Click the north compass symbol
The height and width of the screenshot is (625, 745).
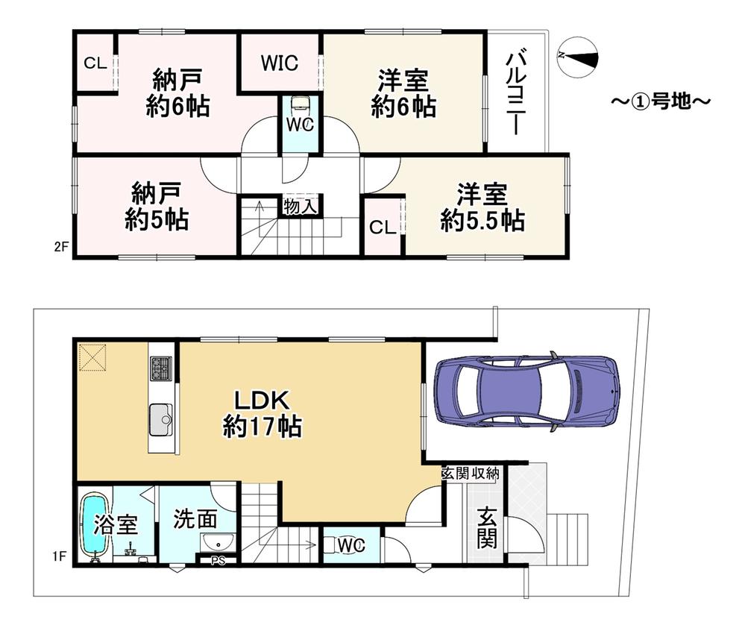point(576,56)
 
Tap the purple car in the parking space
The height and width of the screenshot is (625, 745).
point(527,391)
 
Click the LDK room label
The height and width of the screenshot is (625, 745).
point(263,414)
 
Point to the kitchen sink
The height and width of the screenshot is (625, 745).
point(162,420)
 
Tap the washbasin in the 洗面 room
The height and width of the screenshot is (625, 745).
point(218,541)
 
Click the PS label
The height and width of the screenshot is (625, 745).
point(218,561)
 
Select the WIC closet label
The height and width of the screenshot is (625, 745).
point(280,63)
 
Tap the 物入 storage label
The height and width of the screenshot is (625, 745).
point(301,207)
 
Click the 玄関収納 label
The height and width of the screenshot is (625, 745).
point(471,474)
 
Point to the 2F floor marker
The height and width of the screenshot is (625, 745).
point(61,247)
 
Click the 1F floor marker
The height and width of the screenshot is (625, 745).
point(59,555)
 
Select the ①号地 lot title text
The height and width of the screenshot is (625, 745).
point(661,101)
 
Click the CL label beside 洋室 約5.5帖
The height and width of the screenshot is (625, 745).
point(383,227)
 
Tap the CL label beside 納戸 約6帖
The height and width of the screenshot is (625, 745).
point(95,63)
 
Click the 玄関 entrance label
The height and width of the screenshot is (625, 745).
point(486,527)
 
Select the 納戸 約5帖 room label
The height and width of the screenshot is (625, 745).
point(157,207)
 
